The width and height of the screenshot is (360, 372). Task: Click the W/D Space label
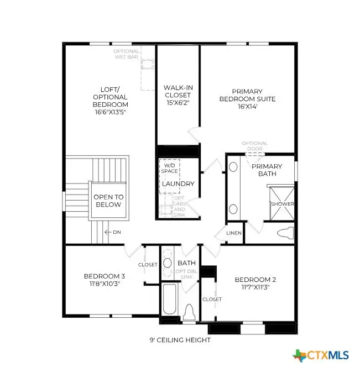pos(170,167)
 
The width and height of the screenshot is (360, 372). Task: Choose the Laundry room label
pos(178,184)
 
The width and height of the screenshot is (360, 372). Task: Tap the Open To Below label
pos(108,201)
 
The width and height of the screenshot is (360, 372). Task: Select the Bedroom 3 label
pos(105,280)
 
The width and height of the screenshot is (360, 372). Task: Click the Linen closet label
pos(234,233)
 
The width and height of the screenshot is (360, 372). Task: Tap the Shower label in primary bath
pos(282,204)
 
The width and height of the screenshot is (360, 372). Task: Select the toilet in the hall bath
pos(190,313)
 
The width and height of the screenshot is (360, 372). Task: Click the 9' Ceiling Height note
pos(181,340)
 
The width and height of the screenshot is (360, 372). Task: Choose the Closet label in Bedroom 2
pos(212,299)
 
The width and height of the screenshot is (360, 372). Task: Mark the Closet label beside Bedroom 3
pos(148,265)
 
